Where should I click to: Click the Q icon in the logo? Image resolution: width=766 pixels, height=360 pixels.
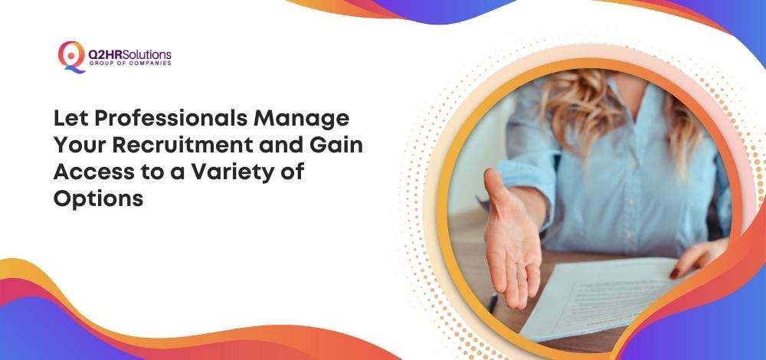coord(71,57)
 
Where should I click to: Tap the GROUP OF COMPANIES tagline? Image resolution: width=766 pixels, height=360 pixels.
coord(130,64)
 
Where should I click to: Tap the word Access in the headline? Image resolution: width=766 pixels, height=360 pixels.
coord(87,172)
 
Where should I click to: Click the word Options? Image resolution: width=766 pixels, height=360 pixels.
coord(98,199)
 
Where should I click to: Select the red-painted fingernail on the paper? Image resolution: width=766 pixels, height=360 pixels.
coord(674,273)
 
